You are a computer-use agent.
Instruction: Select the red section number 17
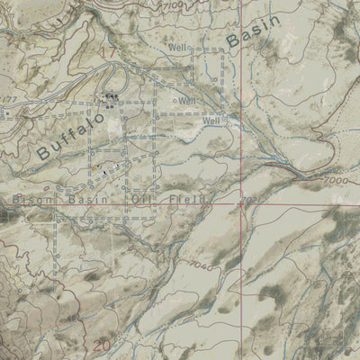click(x=108, y=53)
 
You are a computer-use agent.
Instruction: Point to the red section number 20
click(x=101, y=346)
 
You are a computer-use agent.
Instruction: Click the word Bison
click(x=32, y=198)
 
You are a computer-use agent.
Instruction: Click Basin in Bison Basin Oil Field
click(x=90, y=198)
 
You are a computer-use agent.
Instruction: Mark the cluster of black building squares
click(x=112, y=98)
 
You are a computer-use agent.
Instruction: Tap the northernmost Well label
click(x=177, y=47)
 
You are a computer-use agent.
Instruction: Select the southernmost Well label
click(x=211, y=120)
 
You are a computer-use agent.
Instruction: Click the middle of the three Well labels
click(x=187, y=100)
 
